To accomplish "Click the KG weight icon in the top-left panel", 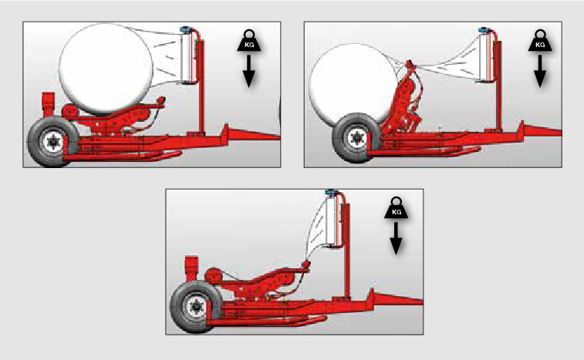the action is click(x=248, y=41).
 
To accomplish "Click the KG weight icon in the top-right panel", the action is click(x=540, y=41).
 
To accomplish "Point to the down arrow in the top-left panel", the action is click(x=248, y=72).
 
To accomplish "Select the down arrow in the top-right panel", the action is click(x=540, y=72).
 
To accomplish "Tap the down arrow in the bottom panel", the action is click(x=396, y=239).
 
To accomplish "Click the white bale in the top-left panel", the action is click(x=106, y=69).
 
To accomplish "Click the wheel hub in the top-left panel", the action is click(x=52, y=142).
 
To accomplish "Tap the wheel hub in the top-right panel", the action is click(x=357, y=138).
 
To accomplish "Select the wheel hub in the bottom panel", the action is click(x=195, y=307).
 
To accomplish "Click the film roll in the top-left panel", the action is click(x=187, y=57).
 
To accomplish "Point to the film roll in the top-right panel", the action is click(x=486, y=56).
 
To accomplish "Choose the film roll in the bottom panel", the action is click(x=333, y=220).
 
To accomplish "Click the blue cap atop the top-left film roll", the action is click(x=185, y=29).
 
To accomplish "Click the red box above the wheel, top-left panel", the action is click(x=49, y=104).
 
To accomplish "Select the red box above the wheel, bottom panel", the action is click(x=192, y=268).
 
